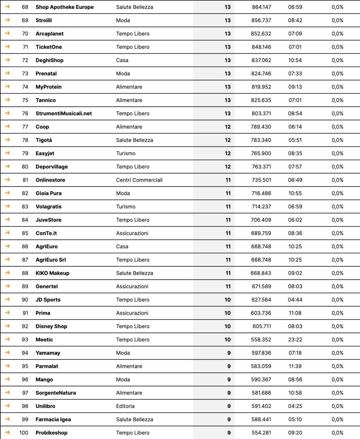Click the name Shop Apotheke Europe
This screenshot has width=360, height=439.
point(65,7)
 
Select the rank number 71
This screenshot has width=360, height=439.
point(25,47)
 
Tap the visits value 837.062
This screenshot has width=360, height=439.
point(261,60)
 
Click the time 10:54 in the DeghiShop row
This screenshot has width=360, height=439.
point(295,60)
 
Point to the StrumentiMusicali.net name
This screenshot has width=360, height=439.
point(64,114)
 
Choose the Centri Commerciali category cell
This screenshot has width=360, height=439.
point(139,180)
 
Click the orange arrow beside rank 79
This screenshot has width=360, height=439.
point(8,153)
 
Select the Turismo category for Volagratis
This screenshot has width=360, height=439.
point(126,207)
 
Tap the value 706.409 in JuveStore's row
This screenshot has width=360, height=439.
point(261,220)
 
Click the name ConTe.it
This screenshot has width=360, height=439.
point(46,233)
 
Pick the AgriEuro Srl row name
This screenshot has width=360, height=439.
point(51,260)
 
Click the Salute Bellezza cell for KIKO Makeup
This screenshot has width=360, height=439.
point(135,273)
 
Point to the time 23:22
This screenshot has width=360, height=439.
point(295,340)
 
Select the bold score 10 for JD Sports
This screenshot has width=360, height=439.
point(228,300)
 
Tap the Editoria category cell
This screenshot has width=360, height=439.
point(125,406)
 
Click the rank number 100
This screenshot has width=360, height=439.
point(24,433)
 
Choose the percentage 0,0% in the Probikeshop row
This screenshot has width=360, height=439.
point(337,433)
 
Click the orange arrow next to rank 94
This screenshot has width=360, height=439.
point(8,352)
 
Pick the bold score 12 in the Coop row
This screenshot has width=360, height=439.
point(228,127)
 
